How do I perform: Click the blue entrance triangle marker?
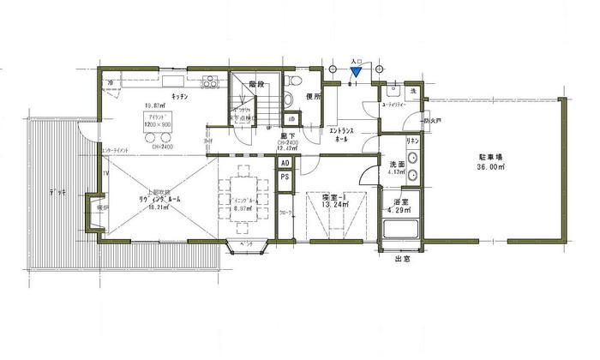(357, 73)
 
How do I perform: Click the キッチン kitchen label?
(180, 97)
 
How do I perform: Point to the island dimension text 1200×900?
(158, 125)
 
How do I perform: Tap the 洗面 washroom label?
(397, 164)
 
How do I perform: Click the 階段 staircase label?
(255, 85)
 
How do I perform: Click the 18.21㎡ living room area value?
(133, 207)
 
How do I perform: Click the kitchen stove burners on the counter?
(210, 82)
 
